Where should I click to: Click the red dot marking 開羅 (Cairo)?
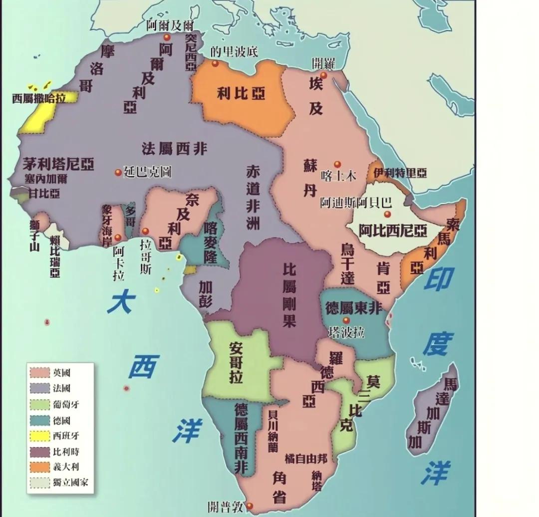pos(323,75)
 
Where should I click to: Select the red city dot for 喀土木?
pos(337,164)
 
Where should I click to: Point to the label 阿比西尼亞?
pos(393,231)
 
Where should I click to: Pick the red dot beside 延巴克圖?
pos(118,172)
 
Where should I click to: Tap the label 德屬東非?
pos(353,307)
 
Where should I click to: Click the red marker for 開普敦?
pos(250,506)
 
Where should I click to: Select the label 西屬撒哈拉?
pos(39,98)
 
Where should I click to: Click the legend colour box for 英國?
pos(40,372)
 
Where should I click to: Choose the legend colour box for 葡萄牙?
pos(40,404)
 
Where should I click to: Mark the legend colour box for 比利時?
pos(40,452)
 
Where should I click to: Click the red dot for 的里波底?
pos(215,63)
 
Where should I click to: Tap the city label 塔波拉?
pos(347,333)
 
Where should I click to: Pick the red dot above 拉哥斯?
pos(145,232)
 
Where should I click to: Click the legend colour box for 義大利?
pos(40,467)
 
